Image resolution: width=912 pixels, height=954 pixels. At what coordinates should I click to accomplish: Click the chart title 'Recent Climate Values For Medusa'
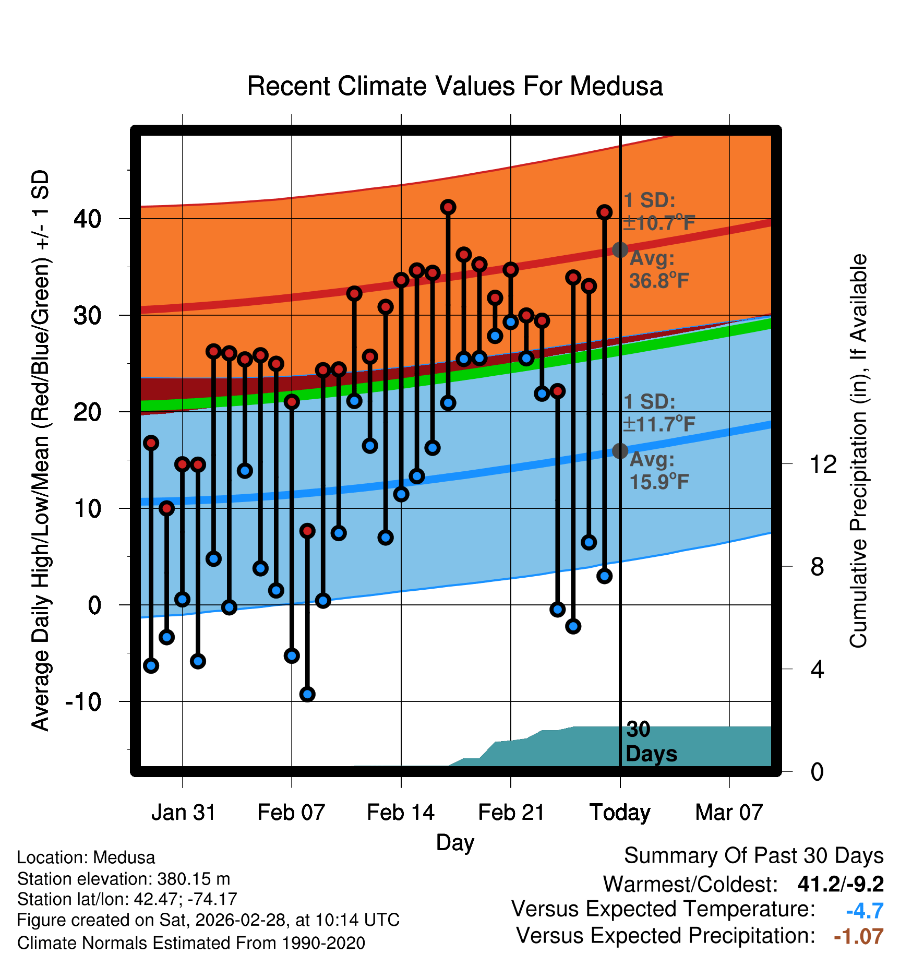coord(455,86)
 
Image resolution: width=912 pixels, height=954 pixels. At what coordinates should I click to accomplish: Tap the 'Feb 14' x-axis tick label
coord(401,813)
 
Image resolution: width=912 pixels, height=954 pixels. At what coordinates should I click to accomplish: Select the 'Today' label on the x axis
coord(620,813)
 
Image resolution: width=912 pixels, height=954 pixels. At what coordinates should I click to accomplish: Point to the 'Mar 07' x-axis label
coord(729,813)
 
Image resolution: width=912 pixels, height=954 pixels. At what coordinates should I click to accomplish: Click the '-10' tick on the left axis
coord(83,702)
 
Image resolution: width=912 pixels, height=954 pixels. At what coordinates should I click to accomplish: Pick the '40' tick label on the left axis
coord(87,219)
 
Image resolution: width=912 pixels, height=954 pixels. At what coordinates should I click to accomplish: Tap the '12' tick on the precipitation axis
coord(823,464)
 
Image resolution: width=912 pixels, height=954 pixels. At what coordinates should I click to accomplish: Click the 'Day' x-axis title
coord(455,842)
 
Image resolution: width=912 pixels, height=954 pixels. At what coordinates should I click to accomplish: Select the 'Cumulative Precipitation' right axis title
coord(858,451)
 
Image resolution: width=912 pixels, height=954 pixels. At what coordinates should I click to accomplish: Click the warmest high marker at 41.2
coord(448,207)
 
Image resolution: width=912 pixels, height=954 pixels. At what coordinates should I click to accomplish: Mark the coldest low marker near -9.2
coord(307,694)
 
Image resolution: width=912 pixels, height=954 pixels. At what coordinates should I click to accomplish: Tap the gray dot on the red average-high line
coord(620,250)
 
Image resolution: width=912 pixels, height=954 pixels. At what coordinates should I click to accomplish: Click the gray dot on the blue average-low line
coord(620,451)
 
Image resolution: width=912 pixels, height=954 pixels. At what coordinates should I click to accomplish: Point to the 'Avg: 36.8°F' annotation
coord(658,270)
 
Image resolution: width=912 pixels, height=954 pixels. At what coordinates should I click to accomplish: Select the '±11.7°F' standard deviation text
coord(659,424)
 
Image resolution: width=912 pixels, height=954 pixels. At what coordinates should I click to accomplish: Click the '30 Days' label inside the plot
coord(651,742)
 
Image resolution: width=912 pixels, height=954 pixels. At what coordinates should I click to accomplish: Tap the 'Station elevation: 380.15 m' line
coord(124,879)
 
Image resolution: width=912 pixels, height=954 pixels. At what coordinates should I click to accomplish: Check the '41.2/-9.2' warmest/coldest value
coord(841,884)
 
